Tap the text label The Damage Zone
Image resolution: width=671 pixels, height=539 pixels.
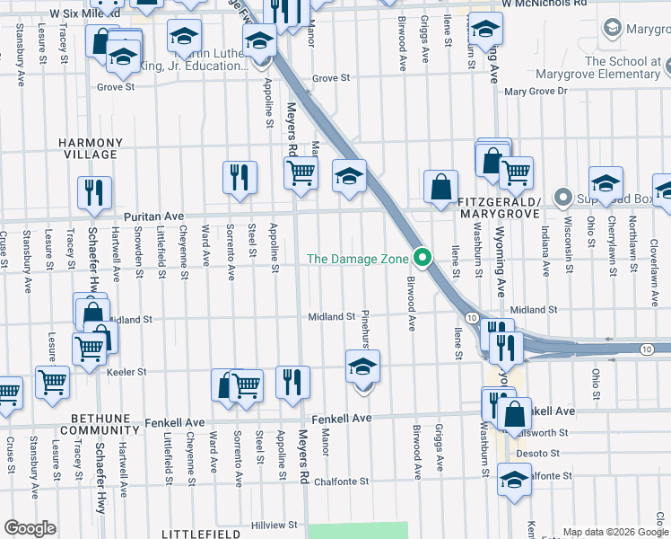click(358, 259)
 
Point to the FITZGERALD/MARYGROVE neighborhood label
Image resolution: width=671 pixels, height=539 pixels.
click(498, 208)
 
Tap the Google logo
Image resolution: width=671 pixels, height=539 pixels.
click(30, 527)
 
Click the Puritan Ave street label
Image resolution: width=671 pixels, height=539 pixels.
click(153, 216)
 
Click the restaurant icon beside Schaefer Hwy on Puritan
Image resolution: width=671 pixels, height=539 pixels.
click(94, 192)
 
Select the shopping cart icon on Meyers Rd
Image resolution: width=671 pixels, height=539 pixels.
click(301, 172)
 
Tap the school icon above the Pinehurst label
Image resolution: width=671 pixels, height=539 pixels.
click(362, 367)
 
